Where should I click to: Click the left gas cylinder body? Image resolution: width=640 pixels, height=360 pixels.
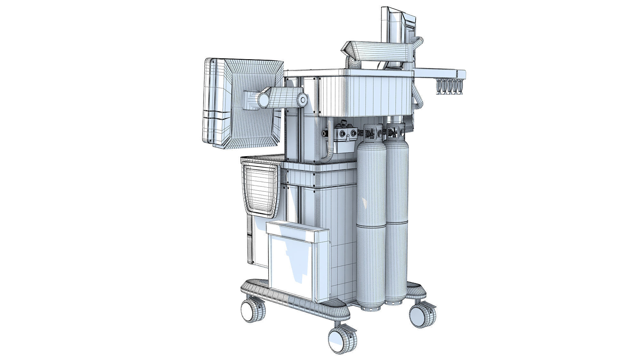[371, 224]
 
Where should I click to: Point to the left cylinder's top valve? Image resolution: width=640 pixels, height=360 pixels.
[370, 132]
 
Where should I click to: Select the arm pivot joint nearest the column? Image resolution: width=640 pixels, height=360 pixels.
[302, 100]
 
